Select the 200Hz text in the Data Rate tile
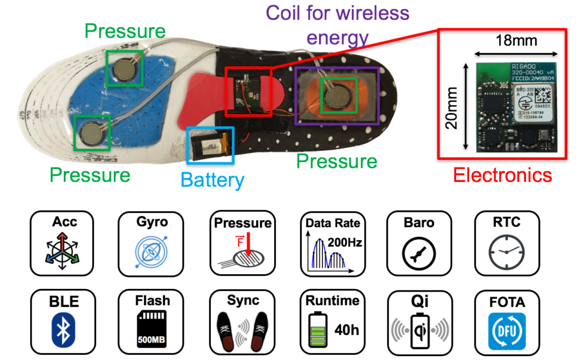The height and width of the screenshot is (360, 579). coord(348,243)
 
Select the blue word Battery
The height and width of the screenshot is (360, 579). coord(212,180)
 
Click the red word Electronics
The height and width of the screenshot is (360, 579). coord(502,175)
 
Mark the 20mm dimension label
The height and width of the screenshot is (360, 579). coord(451,107)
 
